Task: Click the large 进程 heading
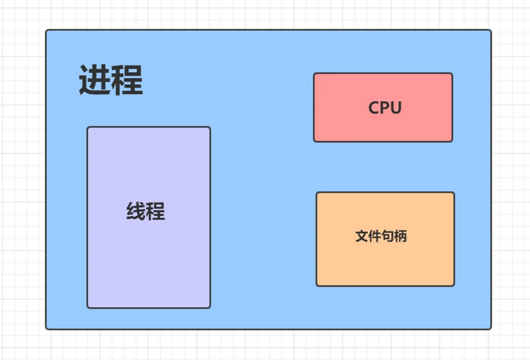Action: click(111, 80)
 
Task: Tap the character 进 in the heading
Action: click(94, 80)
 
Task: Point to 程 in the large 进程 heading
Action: click(127, 80)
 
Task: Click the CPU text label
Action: click(385, 108)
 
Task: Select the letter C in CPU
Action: click(373, 108)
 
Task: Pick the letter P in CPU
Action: click(385, 108)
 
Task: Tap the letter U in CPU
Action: click(397, 108)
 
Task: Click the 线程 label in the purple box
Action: click(146, 211)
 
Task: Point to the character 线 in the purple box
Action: click(136, 211)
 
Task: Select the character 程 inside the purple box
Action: click(156, 211)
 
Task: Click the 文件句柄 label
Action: click(381, 236)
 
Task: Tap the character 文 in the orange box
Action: click(362, 236)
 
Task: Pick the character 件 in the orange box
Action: click(375, 236)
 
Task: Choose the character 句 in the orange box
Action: click(387, 236)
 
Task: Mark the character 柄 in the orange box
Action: click(401, 236)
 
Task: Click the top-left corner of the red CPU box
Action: click(314, 73)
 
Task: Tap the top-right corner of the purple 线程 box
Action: click(210, 127)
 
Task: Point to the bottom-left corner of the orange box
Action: click(316, 286)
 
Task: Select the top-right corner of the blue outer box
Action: click(491, 30)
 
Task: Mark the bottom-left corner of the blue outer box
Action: click(46, 330)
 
